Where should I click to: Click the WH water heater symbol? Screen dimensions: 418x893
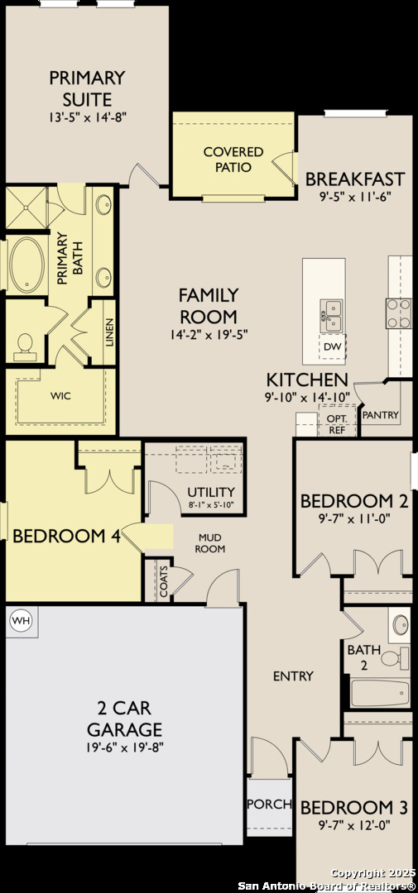coord(21,619)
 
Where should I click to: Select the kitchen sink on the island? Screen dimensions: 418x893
coord(331,316)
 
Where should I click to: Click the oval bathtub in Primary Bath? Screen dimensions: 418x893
coord(26,265)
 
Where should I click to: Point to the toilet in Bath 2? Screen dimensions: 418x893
coord(395,657)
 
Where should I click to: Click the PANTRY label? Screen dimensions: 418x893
coord(381,414)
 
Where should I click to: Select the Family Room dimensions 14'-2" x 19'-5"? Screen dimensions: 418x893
coord(208,334)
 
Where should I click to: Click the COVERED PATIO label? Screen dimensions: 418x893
coord(233,160)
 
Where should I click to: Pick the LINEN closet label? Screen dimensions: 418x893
coord(109,332)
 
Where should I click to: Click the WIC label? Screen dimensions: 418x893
coord(60,396)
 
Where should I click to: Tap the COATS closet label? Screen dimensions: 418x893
coord(164,581)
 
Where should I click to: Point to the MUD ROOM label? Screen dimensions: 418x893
coord(210,543)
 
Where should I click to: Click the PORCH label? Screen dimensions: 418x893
coord(269,805)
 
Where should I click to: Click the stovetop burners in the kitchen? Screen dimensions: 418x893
coord(399,313)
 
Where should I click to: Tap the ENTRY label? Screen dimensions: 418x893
coord(293,676)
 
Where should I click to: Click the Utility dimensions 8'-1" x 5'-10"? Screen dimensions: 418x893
coord(212,504)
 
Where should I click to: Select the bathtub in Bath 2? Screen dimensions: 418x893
coord(380,693)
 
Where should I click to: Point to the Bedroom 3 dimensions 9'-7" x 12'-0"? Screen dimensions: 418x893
coord(354,824)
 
